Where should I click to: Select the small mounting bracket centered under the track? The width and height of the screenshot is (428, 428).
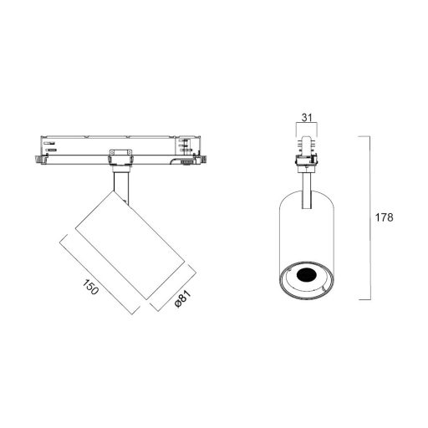[120, 156]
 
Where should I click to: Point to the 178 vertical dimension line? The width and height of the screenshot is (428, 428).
[370, 217]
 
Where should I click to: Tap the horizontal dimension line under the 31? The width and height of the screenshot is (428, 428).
[307, 125]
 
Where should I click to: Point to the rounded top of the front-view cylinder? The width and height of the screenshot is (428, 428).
[307, 195]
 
